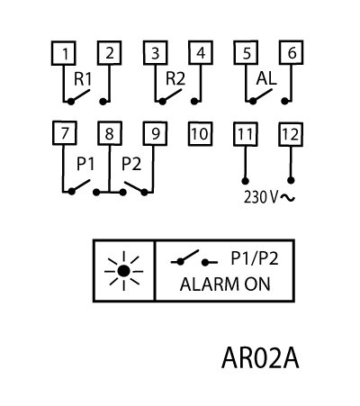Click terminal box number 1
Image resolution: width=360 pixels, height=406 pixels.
[63, 53]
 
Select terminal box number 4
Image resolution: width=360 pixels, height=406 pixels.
[201, 52]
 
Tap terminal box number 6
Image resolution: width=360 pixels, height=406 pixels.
[292, 52]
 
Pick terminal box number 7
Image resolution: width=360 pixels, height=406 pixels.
[65, 133]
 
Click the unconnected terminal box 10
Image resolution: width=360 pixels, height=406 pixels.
[200, 134]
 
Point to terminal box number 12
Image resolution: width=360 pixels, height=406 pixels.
[291, 134]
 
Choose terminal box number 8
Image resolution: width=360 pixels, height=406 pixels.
[110, 133]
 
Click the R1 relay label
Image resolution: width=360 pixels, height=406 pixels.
[83, 79]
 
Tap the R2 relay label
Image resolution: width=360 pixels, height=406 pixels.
[175, 79]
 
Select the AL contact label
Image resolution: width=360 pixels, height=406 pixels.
[266, 79]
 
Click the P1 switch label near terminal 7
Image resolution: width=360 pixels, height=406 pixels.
[85, 164]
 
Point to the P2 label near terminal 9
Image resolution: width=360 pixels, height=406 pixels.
[131, 164]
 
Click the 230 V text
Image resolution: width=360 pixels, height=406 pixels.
[261, 197]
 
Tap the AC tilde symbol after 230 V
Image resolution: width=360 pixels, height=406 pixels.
[288, 197]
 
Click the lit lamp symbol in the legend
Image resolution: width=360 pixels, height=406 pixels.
[123, 271]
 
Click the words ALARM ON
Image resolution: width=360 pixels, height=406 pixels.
[225, 284]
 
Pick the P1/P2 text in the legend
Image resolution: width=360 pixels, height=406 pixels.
[255, 258]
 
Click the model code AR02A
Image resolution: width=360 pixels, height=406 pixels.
[260, 358]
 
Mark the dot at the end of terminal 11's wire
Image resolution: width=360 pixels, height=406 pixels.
[246, 181]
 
